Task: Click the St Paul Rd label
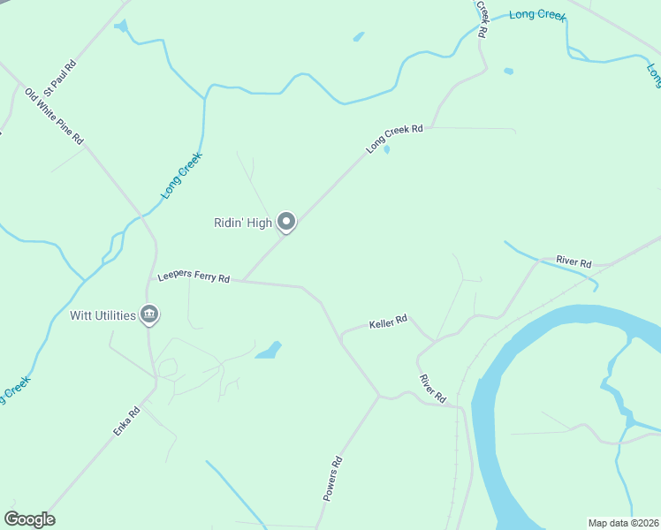click(x=60, y=77)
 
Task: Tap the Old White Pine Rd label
click(x=54, y=116)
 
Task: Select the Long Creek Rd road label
click(x=395, y=140)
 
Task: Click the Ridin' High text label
click(x=243, y=223)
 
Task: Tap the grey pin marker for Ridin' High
click(x=286, y=222)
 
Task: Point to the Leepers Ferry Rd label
click(x=194, y=277)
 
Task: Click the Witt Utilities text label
click(x=103, y=315)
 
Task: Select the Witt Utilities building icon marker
click(x=150, y=314)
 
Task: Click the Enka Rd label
click(x=126, y=421)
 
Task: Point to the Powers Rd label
click(x=331, y=479)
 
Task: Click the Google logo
click(x=29, y=519)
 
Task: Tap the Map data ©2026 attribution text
click(x=623, y=522)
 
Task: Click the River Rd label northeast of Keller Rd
click(x=574, y=261)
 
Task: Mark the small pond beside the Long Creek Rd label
click(x=387, y=149)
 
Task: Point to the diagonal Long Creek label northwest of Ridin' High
click(x=182, y=175)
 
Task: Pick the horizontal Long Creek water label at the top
click(x=536, y=15)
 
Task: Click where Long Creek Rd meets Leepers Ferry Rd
click(x=244, y=281)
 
